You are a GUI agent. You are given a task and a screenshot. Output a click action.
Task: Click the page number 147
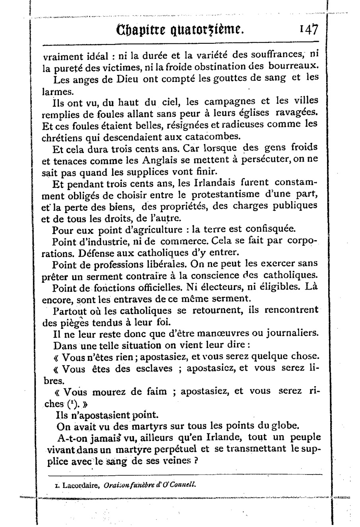pyautogui.click(x=309, y=29)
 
